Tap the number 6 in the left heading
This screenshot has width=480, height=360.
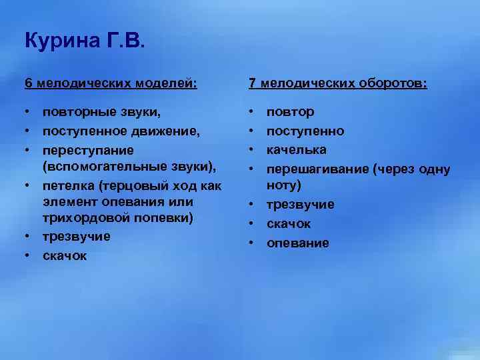coord(28,83)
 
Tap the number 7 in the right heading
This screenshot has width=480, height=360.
coord(252,83)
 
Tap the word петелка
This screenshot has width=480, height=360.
coord(67,185)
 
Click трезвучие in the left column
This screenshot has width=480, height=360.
coord(76,237)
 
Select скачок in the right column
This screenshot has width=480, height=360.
coord(289,224)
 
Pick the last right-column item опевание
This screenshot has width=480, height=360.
coord(298,243)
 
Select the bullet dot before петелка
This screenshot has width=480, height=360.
coord(28,185)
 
